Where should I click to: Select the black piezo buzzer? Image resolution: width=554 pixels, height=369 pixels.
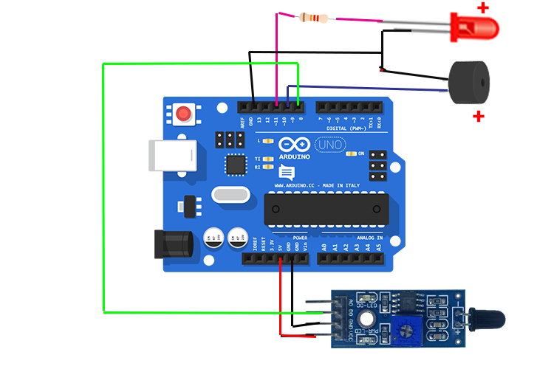pyautogui.click(x=467, y=81)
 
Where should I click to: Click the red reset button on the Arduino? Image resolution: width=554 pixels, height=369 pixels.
pyautogui.click(x=183, y=114)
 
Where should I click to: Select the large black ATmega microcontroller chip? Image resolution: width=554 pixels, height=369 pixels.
pyautogui.click(x=325, y=209)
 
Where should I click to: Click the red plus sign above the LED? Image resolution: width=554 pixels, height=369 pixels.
pyautogui.click(x=483, y=8)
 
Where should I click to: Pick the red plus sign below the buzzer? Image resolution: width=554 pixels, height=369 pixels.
pyautogui.click(x=479, y=116)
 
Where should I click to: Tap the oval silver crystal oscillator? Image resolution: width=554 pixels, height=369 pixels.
pyautogui.click(x=228, y=195)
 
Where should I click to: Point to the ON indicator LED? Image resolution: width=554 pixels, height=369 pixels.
pyautogui.click(x=352, y=154)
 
